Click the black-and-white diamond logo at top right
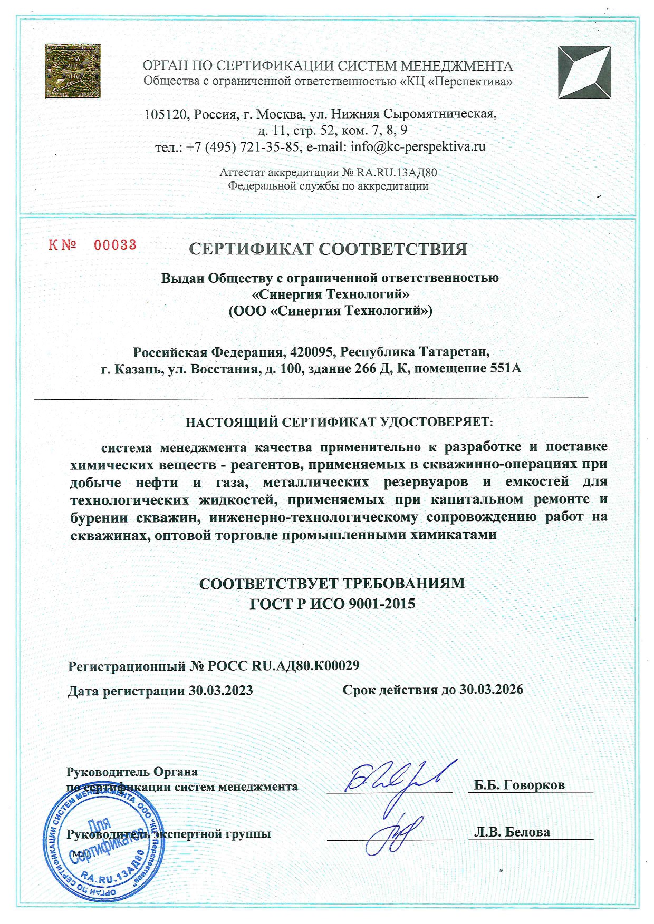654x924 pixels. [x=584, y=72]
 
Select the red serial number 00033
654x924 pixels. [x=115, y=244]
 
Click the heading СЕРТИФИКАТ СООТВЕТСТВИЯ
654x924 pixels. [x=328, y=249]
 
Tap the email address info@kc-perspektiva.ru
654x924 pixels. [x=418, y=146]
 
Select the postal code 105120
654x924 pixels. [x=166, y=114]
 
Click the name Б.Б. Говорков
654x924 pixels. [x=519, y=785]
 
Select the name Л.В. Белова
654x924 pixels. [x=512, y=832]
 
